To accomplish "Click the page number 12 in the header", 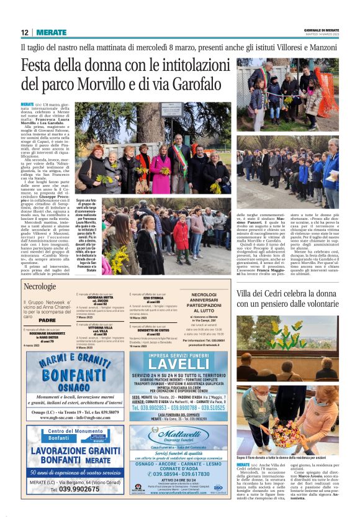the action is [24, 32].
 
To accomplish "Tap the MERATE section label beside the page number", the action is [50, 32].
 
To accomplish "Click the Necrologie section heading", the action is [40, 286].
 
